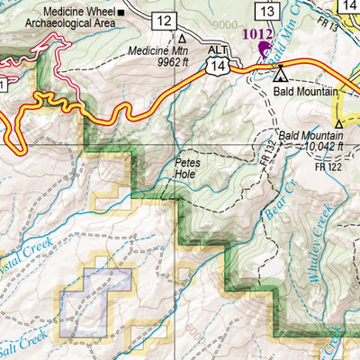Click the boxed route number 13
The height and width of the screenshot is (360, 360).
(265, 11)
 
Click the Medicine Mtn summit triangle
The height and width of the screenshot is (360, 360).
(183, 39)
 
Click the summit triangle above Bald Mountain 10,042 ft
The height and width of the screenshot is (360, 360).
(339, 123)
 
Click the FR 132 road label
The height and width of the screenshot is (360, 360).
(268, 152)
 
